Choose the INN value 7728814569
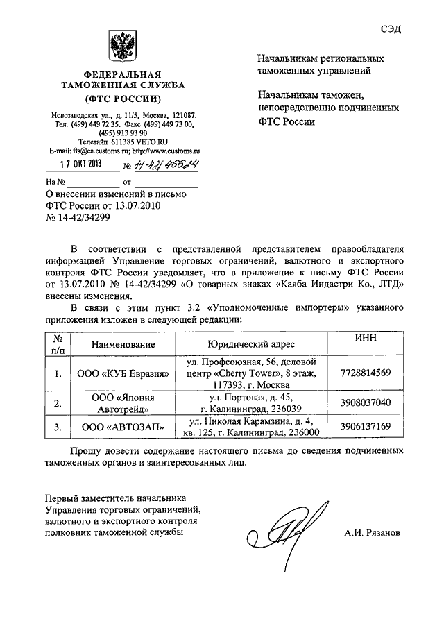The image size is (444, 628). pyautogui.click(x=366, y=373)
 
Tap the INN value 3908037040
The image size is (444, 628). pyautogui.click(x=366, y=402)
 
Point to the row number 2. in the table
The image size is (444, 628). pyautogui.click(x=58, y=403)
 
